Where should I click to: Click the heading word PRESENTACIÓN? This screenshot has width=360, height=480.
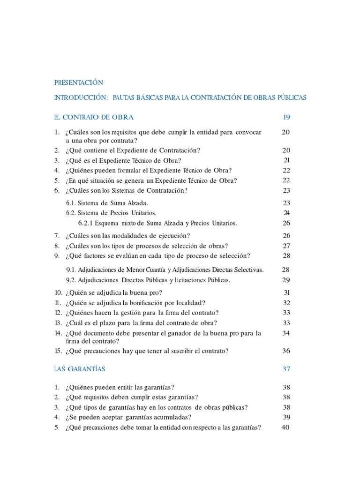tap(78, 82)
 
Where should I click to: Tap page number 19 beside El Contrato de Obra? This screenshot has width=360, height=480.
tap(286, 117)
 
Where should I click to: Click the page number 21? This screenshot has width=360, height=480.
tap(287, 160)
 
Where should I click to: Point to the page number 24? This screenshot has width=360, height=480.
tap(287, 213)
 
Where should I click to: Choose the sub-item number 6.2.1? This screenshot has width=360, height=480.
tap(86, 223)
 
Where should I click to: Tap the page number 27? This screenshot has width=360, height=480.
tap(286, 246)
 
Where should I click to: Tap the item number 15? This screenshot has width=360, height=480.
tap(58, 351)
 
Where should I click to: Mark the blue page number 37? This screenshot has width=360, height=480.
tap(286, 369)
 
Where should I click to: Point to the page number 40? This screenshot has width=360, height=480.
tap(286, 427)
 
